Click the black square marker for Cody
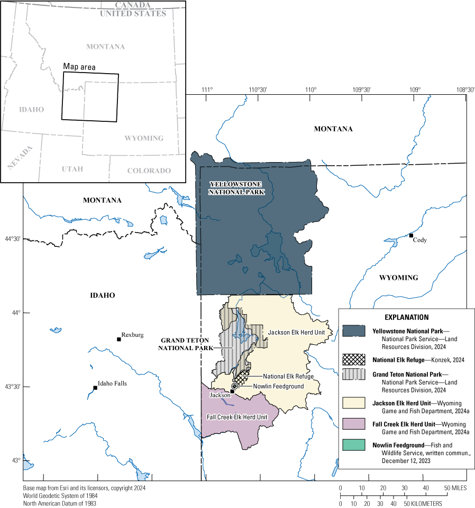pyautogui.click(x=411, y=235)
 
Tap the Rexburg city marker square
pyautogui.click(x=119, y=339)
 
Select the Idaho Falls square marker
pyautogui.click(x=95, y=388)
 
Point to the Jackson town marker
pyautogui.click(x=232, y=391)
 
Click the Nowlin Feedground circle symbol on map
pyautogui.click(x=234, y=386)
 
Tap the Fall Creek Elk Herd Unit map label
pyautogui.click(x=237, y=417)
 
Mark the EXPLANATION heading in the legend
pyautogui.click(x=407, y=317)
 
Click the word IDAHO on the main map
pyautogui.click(x=103, y=295)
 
